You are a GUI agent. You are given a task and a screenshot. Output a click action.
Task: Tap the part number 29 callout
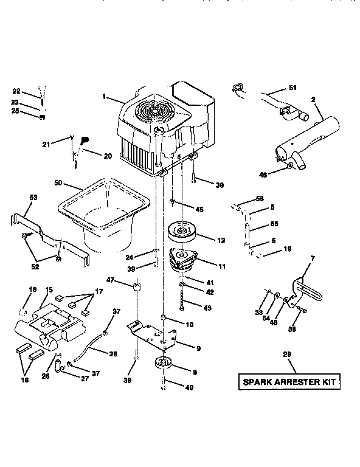pyautogui.click(x=287, y=355)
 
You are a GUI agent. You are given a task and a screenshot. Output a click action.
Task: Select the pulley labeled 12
pyautogui.click(x=182, y=232)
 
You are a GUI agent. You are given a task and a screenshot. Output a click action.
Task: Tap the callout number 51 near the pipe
pyautogui.click(x=292, y=88)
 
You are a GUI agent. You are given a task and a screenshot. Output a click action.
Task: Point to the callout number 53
pyautogui.click(x=33, y=198)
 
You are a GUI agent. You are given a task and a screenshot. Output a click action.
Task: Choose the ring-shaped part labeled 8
pyautogui.click(x=164, y=364)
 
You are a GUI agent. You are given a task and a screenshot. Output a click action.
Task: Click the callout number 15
pyautogui.click(x=49, y=291)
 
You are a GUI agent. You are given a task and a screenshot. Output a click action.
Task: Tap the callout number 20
pyautogui.click(x=108, y=156)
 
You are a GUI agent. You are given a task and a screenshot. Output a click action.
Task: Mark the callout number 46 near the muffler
pyautogui.click(x=263, y=175)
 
